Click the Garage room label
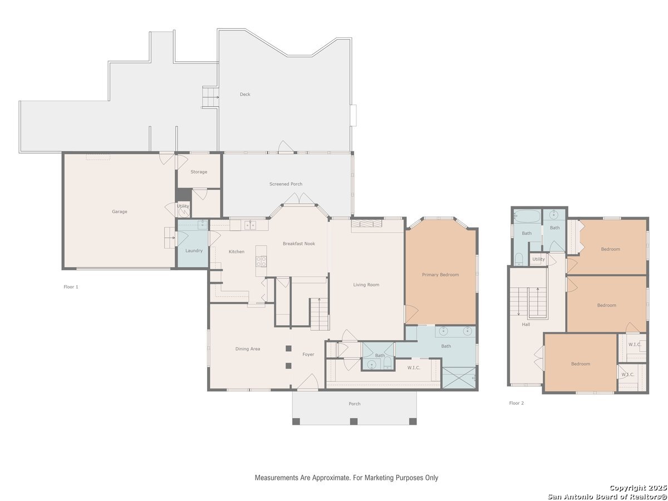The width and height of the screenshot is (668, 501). [119, 212]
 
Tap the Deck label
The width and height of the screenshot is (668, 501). [245, 94]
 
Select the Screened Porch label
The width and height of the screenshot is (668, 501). [286, 184]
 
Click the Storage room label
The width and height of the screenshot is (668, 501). [199, 172]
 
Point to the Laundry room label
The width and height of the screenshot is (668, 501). [194, 250]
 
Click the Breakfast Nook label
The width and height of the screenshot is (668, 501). [299, 244]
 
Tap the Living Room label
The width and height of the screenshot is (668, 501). [366, 284]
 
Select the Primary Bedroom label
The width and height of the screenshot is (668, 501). [440, 274]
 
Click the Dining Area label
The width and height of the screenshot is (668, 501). [247, 349]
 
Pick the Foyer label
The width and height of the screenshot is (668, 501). [308, 355]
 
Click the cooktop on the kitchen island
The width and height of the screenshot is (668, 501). [261, 261]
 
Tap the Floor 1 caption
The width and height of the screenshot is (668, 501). [71, 287]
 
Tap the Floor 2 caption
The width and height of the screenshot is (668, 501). [517, 403]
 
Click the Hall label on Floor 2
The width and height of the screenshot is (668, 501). [526, 325]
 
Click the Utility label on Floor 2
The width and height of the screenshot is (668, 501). [538, 259]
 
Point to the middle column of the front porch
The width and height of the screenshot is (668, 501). [353, 421]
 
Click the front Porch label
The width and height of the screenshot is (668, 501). [354, 404]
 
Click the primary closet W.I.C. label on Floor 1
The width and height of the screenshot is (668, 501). [414, 368]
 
